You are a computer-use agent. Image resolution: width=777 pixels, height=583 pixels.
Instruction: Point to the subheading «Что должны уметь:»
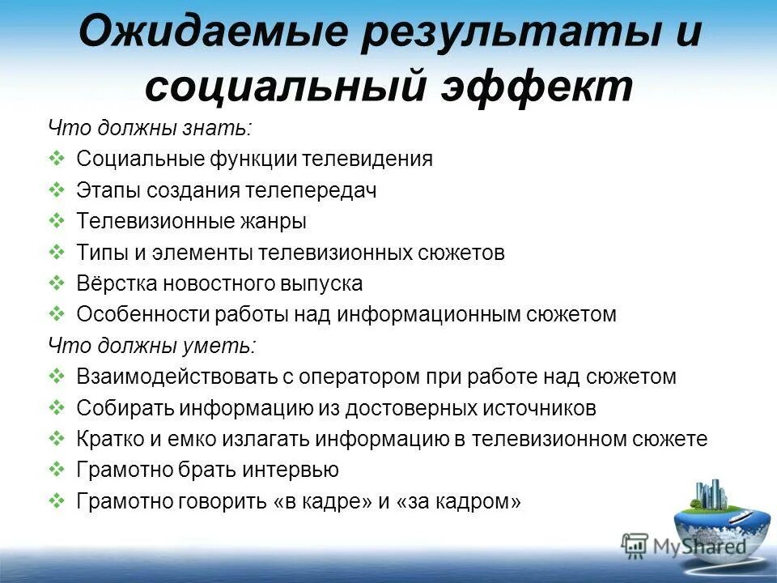[x=151, y=346]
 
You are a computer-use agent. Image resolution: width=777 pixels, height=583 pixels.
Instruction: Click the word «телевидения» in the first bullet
[x=367, y=159]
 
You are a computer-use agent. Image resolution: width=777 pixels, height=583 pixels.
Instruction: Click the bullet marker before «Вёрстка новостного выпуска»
[x=57, y=283]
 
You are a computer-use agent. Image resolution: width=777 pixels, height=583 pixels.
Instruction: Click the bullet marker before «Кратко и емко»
[x=57, y=439]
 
